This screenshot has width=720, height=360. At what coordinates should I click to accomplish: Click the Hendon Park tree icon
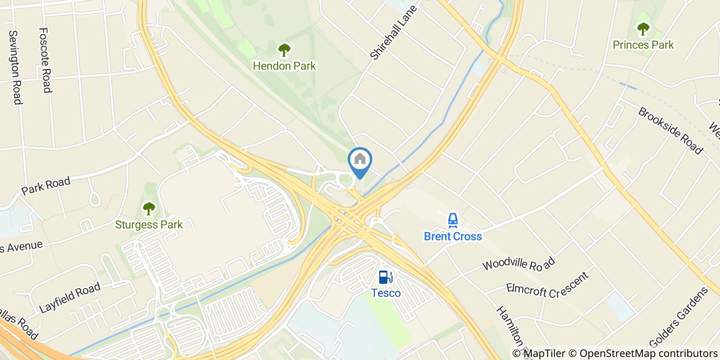(x=284, y=50)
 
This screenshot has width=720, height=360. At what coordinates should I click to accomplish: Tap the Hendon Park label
(x=284, y=66)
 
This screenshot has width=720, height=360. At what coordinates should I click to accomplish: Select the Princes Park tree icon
(x=643, y=29)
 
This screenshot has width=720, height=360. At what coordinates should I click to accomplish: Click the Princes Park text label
(x=643, y=45)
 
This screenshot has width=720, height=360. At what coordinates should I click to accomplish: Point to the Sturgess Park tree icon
(x=149, y=208)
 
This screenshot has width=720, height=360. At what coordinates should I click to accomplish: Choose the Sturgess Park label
(x=149, y=224)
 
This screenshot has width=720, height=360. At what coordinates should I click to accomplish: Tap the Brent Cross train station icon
(x=453, y=220)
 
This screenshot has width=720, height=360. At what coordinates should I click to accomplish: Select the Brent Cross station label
(x=453, y=236)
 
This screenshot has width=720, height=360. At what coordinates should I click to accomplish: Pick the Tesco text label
(x=386, y=293)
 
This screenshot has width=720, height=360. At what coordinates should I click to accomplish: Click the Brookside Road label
(x=670, y=130)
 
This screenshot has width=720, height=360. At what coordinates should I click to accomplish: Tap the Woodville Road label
(x=518, y=264)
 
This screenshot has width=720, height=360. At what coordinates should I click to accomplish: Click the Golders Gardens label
(x=679, y=317)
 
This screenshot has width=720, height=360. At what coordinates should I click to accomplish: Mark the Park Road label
(x=45, y=186)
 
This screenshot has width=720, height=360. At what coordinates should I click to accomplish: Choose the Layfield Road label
(x=69, y=298)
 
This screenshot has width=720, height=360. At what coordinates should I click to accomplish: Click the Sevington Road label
(x=15, y=67)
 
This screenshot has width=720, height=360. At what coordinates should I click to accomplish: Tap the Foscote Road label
(x=45, y=61)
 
